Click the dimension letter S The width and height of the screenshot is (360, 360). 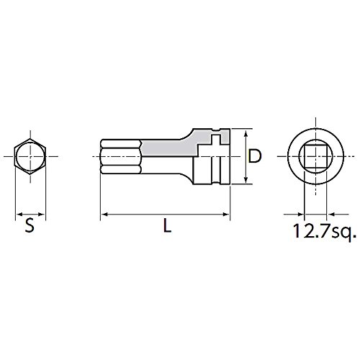click(x=30, y=226)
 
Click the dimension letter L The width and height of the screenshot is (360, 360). click(x=167, y=226)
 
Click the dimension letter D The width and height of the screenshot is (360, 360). click(x=254, y=156)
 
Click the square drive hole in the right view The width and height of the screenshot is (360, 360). click(x=315, y=156)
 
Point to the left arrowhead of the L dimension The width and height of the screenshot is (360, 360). click(x=104, y=214)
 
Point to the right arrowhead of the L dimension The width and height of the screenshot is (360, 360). click(x=227, y=214)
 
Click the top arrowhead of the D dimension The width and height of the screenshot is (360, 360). click(x=246, y=132)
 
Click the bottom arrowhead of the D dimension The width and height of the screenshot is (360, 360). click(x=246, y=181)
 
